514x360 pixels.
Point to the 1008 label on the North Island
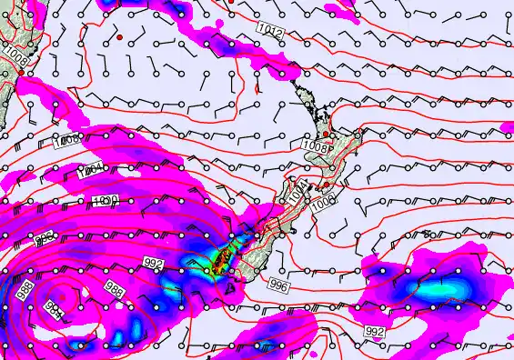314,145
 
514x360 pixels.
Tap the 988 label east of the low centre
115,290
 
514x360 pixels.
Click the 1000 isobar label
103,201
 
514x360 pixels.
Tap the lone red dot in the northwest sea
119,38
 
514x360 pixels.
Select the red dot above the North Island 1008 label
326,134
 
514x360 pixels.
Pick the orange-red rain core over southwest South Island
218,261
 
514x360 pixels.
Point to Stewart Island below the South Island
227,291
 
